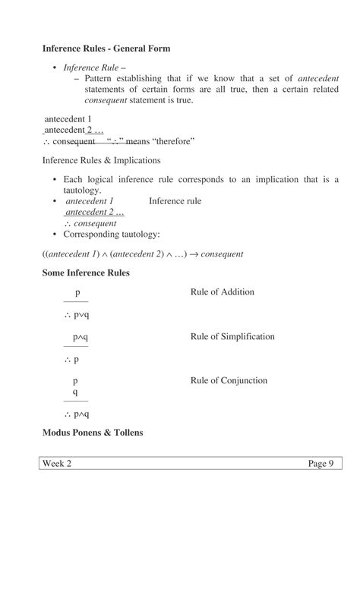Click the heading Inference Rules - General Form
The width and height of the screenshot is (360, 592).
[106, 49]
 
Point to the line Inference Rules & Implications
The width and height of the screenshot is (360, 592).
[101, 160]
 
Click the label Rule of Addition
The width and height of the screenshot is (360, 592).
[222, 292]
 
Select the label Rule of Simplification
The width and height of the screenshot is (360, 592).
[232, 336]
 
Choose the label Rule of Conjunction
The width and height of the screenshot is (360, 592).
[229, 380]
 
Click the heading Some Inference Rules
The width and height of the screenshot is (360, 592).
[86, 273]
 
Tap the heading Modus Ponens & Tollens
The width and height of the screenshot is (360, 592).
[93, 433]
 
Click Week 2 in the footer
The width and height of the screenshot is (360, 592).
[57, 464]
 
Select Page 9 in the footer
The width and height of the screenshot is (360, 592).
[321, 464]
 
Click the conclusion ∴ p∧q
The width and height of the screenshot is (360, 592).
[77, 414]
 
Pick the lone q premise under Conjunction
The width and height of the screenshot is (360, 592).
[75, 392]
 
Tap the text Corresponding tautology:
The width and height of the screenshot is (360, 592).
[112, 235]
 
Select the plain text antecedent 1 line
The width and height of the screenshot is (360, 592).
[68, 119]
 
